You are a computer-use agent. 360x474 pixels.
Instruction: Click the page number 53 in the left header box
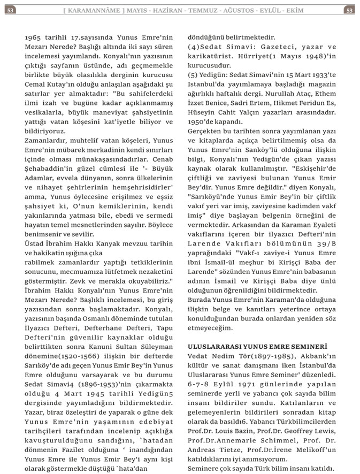pyautogui.click(x=11, y=10)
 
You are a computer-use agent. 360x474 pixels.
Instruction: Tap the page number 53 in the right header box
pyautogui.click(x=349, y=10)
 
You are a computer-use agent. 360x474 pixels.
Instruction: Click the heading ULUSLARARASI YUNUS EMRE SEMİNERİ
pyautogui.click(x=250, y=347)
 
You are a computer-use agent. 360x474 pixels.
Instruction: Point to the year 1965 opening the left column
pyautogui.click(x=35, y=38)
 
